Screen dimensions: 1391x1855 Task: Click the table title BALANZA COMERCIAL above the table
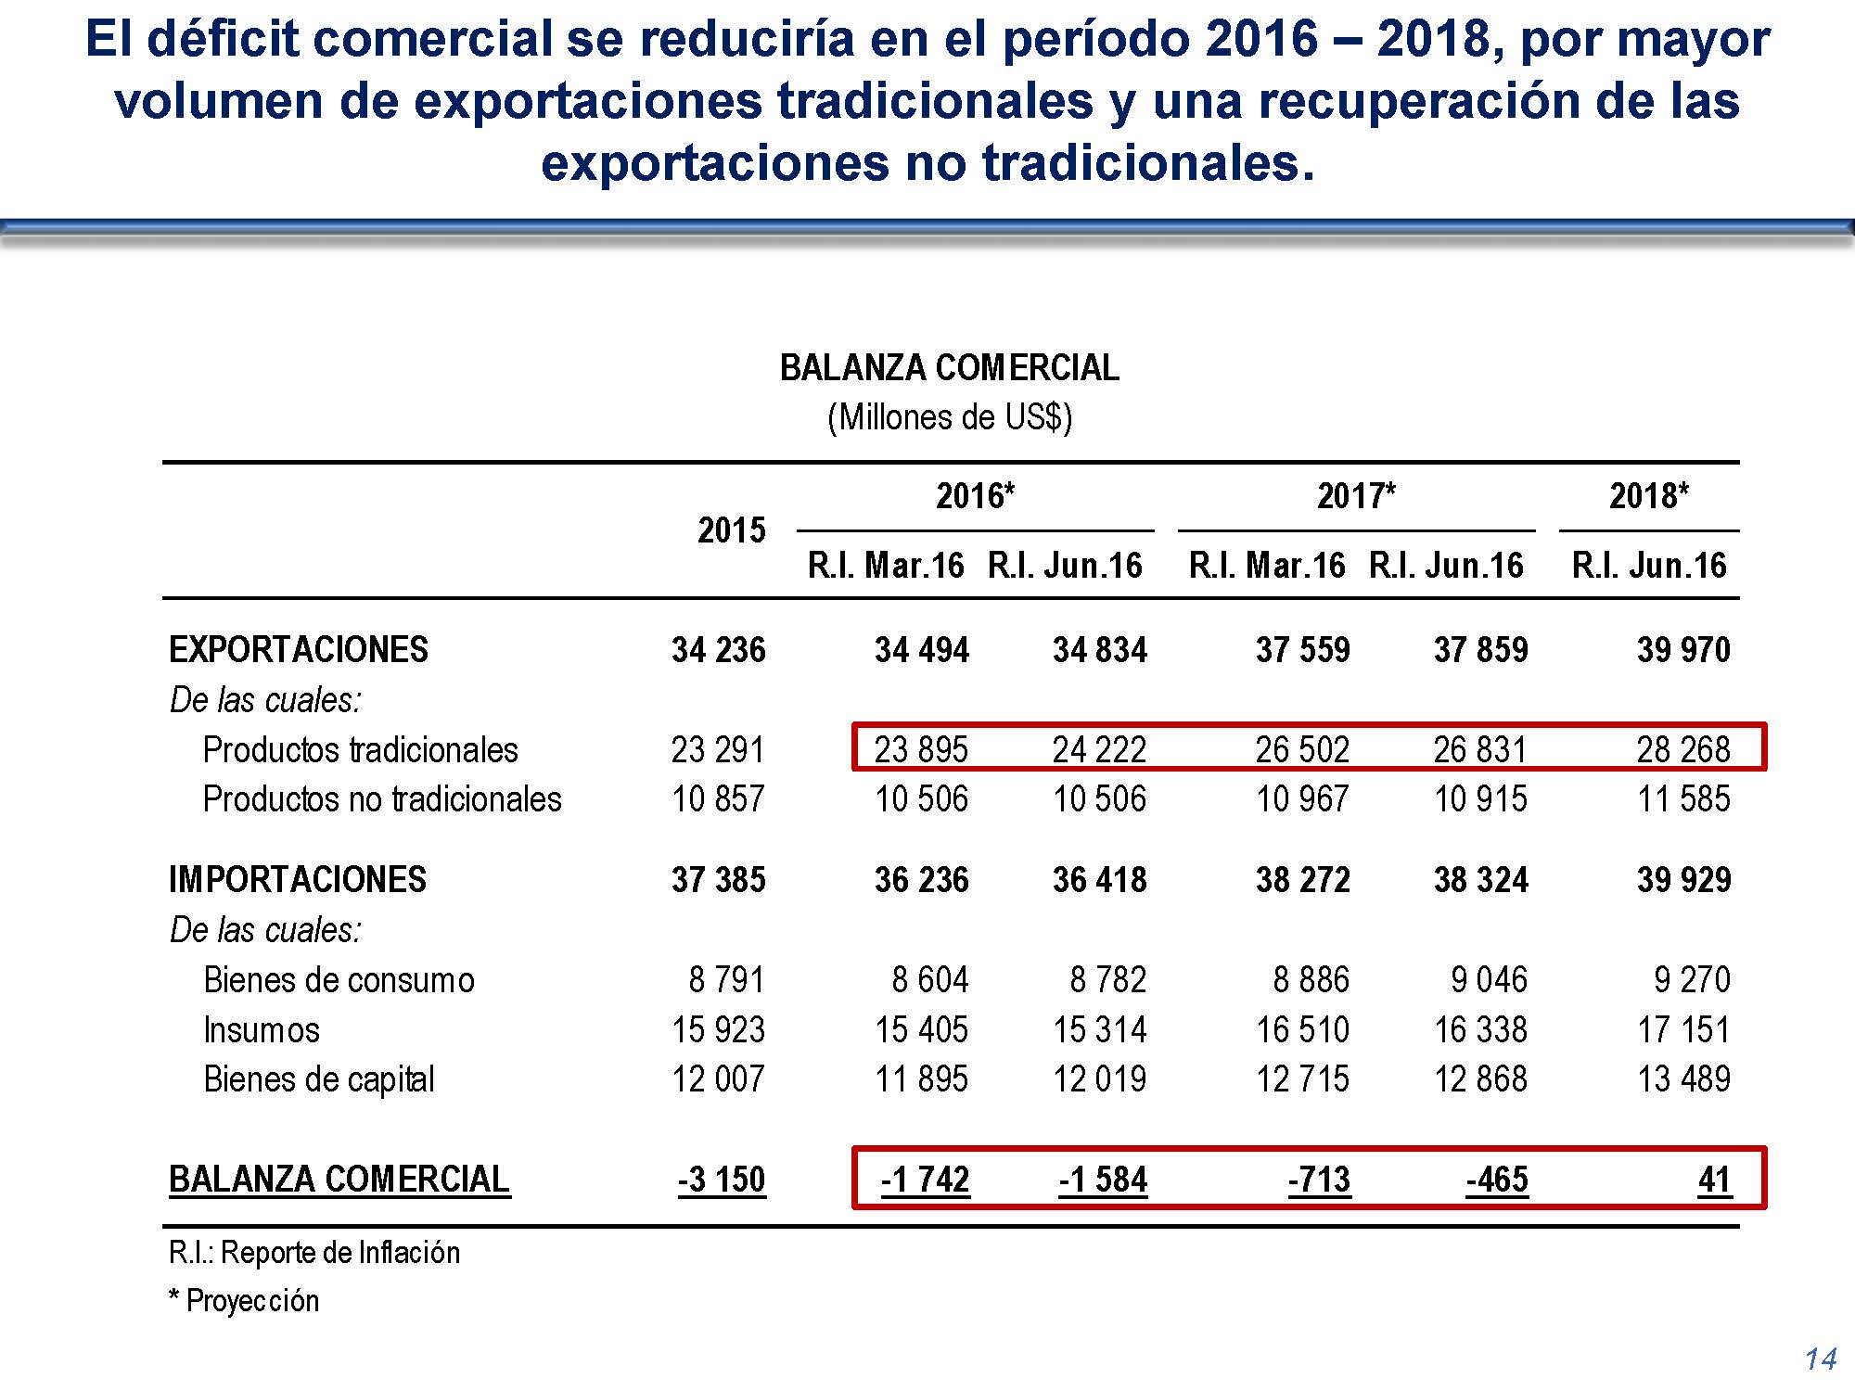[949, 368]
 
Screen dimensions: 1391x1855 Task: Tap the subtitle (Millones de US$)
[949, 417]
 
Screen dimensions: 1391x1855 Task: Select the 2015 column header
[731, 530]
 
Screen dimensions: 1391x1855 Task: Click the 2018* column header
[1648, 496]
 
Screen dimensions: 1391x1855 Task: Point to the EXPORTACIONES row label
[299, 649]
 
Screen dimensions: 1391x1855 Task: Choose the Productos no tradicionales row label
[382, 799]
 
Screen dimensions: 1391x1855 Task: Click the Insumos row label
[262, 1029]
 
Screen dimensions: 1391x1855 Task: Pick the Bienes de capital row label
[319, 1079]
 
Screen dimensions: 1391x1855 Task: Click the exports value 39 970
[1682, 649]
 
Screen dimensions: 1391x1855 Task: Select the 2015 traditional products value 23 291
[718, 749]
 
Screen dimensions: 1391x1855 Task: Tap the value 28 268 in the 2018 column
[1682, 749]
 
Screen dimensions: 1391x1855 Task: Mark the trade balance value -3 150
[722, 1180]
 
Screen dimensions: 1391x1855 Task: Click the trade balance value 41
[1714, 1180]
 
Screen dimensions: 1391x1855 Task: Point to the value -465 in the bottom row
[1497, 1180]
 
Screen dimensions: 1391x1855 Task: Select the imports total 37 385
[718, 879]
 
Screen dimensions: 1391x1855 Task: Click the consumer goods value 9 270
[1692, 979]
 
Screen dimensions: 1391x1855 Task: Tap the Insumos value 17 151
[1682, 1029]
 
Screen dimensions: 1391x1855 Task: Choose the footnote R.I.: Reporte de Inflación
[314, 1253]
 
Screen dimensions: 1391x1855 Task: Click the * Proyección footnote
[244, 1301]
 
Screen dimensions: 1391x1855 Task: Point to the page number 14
[1821, 1359]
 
